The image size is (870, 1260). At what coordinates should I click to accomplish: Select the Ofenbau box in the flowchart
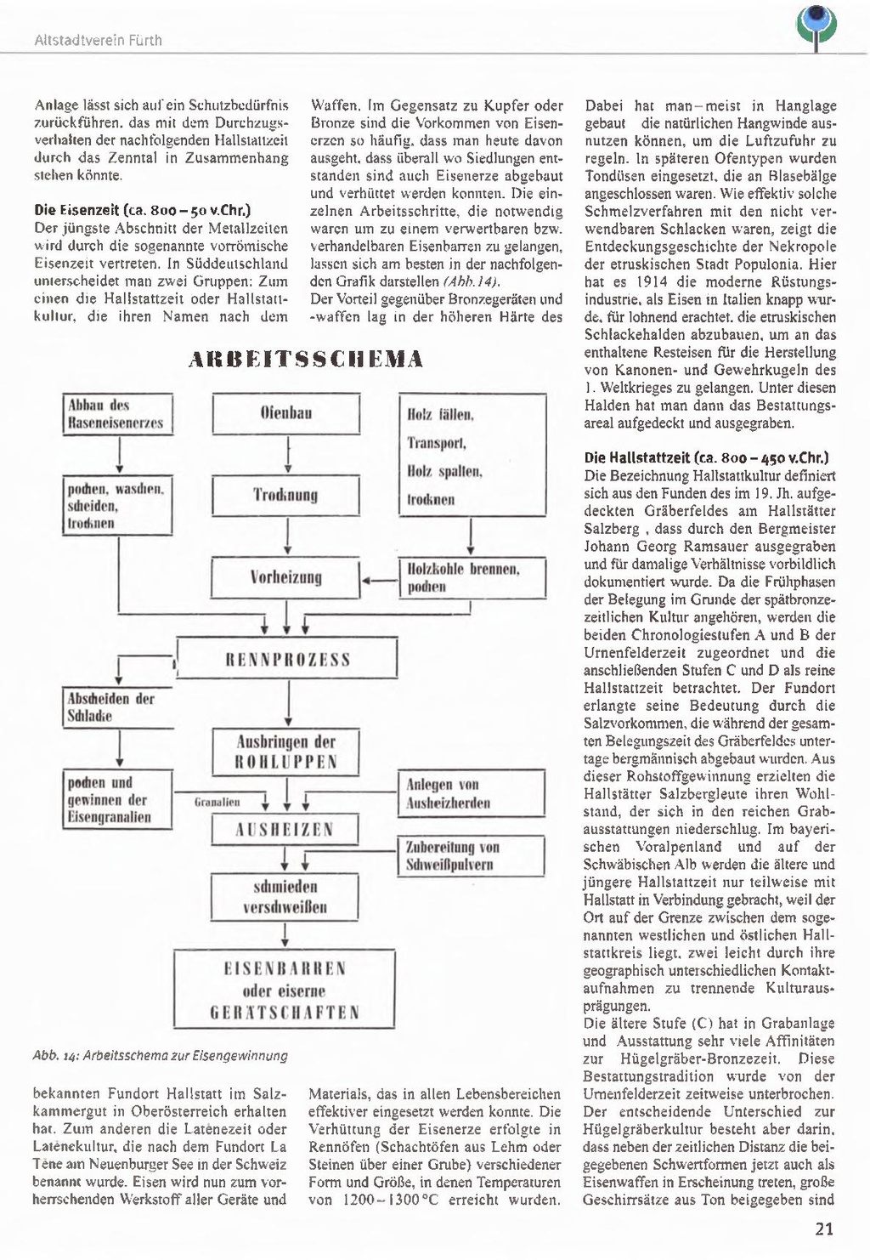tap(285, 414)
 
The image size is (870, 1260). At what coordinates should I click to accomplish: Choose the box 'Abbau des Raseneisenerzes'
tap(118, 414)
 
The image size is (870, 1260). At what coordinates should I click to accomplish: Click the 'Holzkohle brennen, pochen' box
tap(472, 578)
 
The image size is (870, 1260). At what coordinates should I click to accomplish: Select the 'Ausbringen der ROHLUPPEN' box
tap(286, 752)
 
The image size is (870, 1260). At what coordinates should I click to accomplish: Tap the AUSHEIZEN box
tap(285, 830)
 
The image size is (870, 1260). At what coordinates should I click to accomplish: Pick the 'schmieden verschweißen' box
tap(285, 897)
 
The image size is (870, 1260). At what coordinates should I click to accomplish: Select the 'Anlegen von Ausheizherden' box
tap(472, 794)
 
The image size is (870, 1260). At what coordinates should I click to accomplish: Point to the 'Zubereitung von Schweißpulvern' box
tap(472, 856)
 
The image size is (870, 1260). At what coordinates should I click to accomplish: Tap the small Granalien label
tap(217, 802)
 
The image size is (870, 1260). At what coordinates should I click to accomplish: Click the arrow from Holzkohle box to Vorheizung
tap(380, 581)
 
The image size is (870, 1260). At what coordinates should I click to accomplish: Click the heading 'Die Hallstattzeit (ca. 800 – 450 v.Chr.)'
tap(707, 457)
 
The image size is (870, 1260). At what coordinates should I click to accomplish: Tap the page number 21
tap(823, 1229)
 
